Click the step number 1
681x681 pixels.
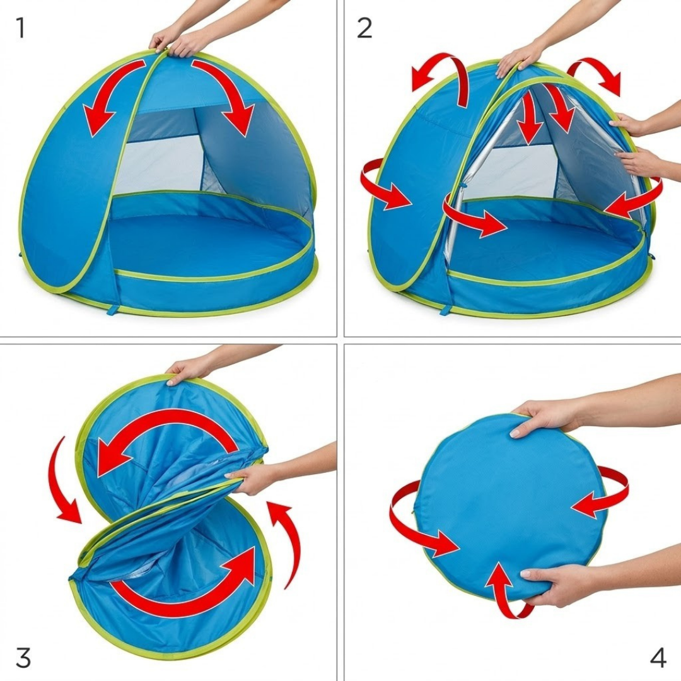(20, 28)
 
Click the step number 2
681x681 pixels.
(364, 28)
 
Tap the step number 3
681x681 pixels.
(23, 657)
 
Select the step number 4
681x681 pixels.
(658, 657)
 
